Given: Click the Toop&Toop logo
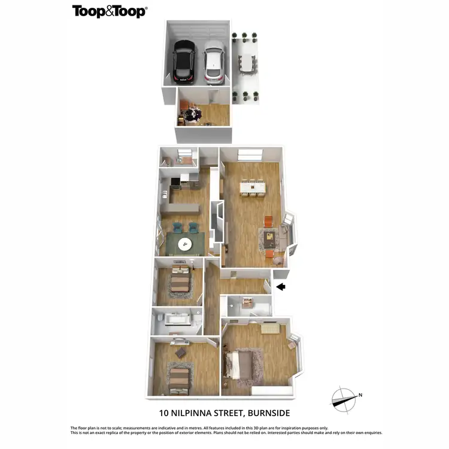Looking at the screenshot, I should (x=110, y=11).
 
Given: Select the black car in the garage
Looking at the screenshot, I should (x=183, y=62).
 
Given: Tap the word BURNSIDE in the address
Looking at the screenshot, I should (x=264, y=412).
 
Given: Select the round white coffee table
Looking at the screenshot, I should (x=185, y=242).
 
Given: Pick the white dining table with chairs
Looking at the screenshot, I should (x=253, y=187).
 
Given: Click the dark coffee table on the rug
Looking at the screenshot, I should (x=271, y=239).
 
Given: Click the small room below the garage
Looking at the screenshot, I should (x=204, y=114).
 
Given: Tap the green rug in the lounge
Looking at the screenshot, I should (x=184, y=244).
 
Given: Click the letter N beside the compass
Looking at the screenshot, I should (x=361, y=395).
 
